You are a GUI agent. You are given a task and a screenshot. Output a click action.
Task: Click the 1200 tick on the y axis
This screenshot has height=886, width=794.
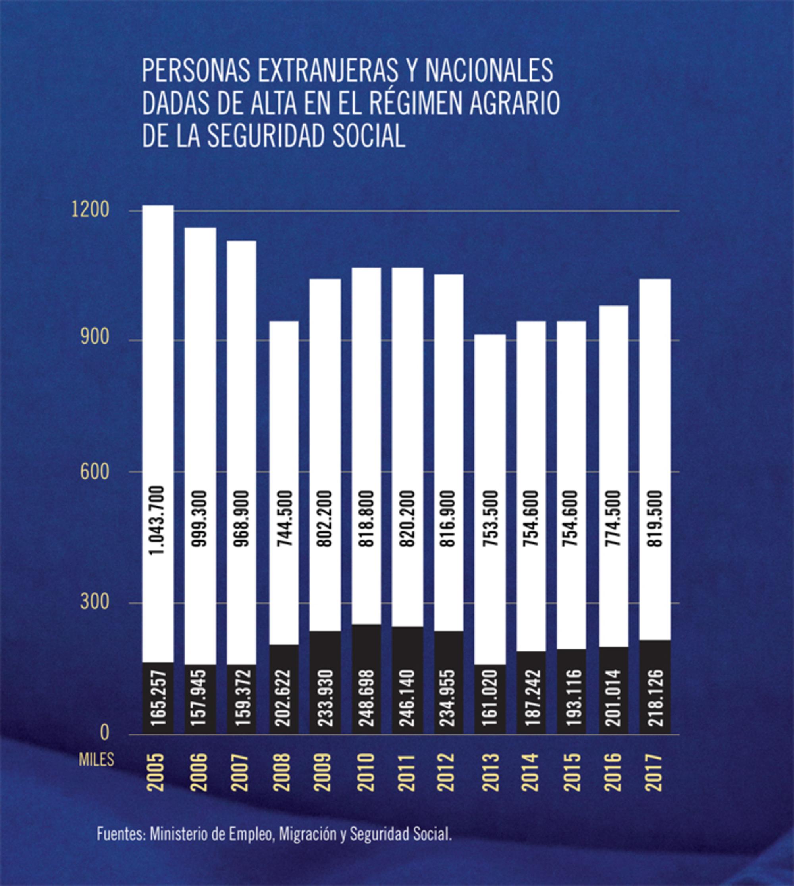coord(90,210)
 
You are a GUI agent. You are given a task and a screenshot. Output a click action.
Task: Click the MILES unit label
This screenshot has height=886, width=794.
coord(96,760)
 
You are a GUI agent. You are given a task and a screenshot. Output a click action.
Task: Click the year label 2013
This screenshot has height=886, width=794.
coord(490,772)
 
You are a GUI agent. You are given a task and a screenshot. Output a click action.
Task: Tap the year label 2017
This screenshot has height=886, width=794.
coord(655,772)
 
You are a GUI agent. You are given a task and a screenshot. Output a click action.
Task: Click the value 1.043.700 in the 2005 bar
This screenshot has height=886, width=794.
coord(157,520)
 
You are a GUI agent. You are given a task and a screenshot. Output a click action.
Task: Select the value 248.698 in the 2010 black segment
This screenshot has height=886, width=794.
coord(366,697)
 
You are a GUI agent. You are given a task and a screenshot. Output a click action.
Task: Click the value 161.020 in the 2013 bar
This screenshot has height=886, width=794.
coord(490,697)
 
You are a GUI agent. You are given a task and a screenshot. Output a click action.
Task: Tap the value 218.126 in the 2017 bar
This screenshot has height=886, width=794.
coord(655,697)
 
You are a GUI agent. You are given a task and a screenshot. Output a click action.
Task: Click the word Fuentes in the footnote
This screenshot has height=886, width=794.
coord(120,835)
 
